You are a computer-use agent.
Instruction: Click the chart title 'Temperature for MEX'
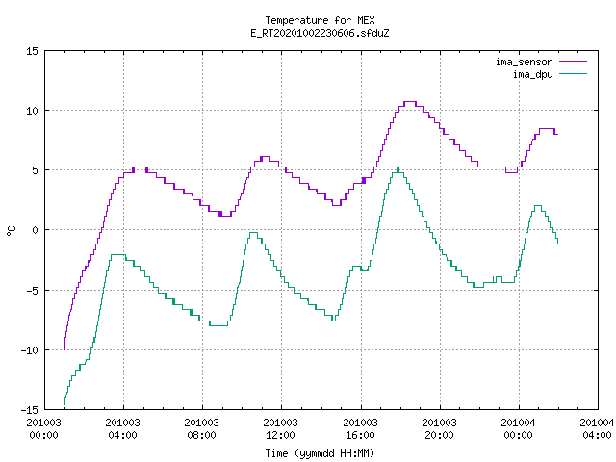(x=320, y=20)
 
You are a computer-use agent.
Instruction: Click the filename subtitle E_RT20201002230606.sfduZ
(x=320, y=33)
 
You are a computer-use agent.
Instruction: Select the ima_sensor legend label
(x=524, y=62)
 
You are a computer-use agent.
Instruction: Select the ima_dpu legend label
(x=532, y=74)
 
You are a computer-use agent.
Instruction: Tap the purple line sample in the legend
(x=574, y=62)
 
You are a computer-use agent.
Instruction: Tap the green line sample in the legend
(x=574, y=73)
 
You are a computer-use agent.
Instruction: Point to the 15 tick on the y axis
(x=32, y=51)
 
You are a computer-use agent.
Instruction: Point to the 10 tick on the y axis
(x=32, y=111)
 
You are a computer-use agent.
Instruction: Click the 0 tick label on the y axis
(x=35, y=230)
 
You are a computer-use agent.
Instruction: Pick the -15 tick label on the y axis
(x=30, y=410)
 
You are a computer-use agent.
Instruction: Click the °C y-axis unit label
(x=11, y=231)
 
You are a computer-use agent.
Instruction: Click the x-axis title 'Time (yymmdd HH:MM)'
(x=320, y=453)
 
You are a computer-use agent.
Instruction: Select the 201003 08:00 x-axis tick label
(x=201, y=428)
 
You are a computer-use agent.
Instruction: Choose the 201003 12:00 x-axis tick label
(x=280, y=428)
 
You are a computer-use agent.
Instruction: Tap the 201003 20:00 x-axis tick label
(x=439, y=428)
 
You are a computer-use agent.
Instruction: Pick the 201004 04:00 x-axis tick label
(x=597, y=428)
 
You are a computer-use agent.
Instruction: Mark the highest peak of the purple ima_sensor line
(x=410, y=102)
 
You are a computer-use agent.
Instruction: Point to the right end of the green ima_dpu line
(x=558, y=244)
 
